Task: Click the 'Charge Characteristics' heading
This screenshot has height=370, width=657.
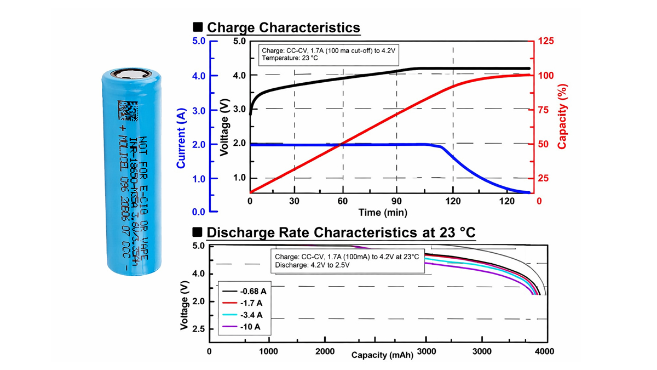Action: pos(284,27)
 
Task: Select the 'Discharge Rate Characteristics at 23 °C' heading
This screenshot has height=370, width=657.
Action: pos(341,232)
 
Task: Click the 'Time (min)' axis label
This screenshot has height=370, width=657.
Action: pos(380,212)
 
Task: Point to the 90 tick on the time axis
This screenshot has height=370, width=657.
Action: pos(396,201)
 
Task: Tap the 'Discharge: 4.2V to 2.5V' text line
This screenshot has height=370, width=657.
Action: pos(312,265)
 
